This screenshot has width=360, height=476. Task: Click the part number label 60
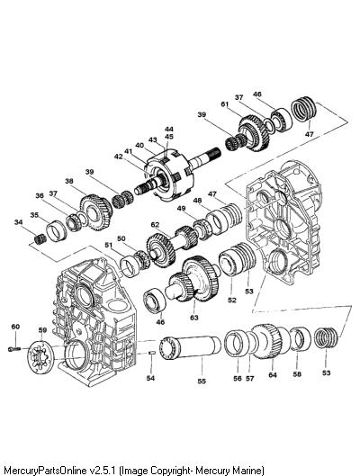pyautogui.click(x=15, y=327)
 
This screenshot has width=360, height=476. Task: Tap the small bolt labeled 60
pyautogui.click(x=14, y=349)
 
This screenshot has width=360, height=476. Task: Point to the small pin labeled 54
pyautogui.click(x=152, y=353)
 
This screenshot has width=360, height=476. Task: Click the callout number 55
pyautogui.click(x=202, y=382)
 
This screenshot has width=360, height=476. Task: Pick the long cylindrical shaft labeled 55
pyautogui.click(x=190, y=348)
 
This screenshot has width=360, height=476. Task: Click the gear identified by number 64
pyautogui.click(x=271, y=341)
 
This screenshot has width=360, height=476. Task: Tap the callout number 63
pyautogui.click(x=194, y=318)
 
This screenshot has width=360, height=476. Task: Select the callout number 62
pyautogui.click(x=155, y=225)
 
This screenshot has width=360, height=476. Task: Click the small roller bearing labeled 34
pyautogui.click(x=40, y=240)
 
